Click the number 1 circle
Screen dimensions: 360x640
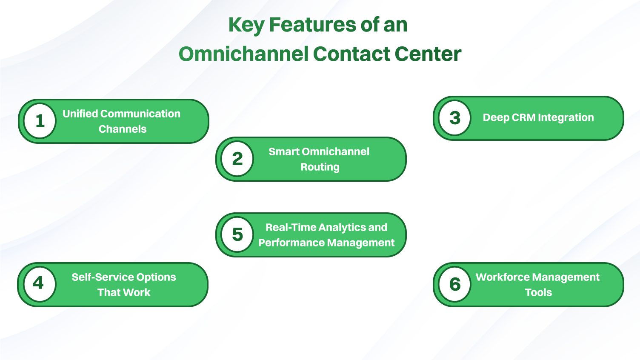coord(40,121)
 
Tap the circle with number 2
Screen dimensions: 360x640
coord(237,159)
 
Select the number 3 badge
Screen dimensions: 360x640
coord(455,118)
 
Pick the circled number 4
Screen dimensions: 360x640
coord(39,284)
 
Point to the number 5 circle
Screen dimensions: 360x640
coord(237,234)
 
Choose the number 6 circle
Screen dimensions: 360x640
coord(455,284)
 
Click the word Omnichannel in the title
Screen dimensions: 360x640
coord(243,54)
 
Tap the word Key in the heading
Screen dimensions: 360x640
coord(246,25)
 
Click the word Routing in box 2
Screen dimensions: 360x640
coord(320,167)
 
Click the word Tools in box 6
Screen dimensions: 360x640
coord(538,292)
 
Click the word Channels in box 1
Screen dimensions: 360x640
coord(123,129)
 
